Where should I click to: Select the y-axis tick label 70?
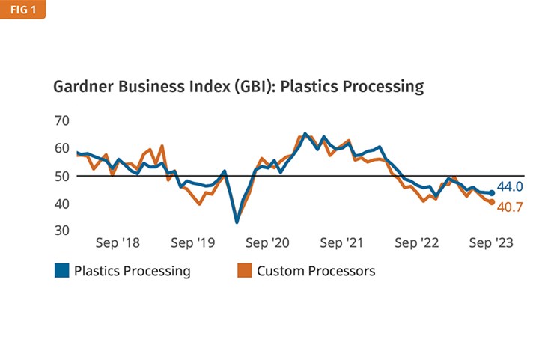pos(62,120)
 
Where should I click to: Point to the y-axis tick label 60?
pos(62,148)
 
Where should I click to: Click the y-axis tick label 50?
pos(62,176)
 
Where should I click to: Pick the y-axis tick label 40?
pos(62,204)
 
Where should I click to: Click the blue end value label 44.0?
pos(510,187)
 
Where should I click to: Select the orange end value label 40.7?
pos(510,207)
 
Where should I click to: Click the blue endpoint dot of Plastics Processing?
pos(492,193)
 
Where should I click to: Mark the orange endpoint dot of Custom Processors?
pos(491,202)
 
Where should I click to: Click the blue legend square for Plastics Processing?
pos(62,271)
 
